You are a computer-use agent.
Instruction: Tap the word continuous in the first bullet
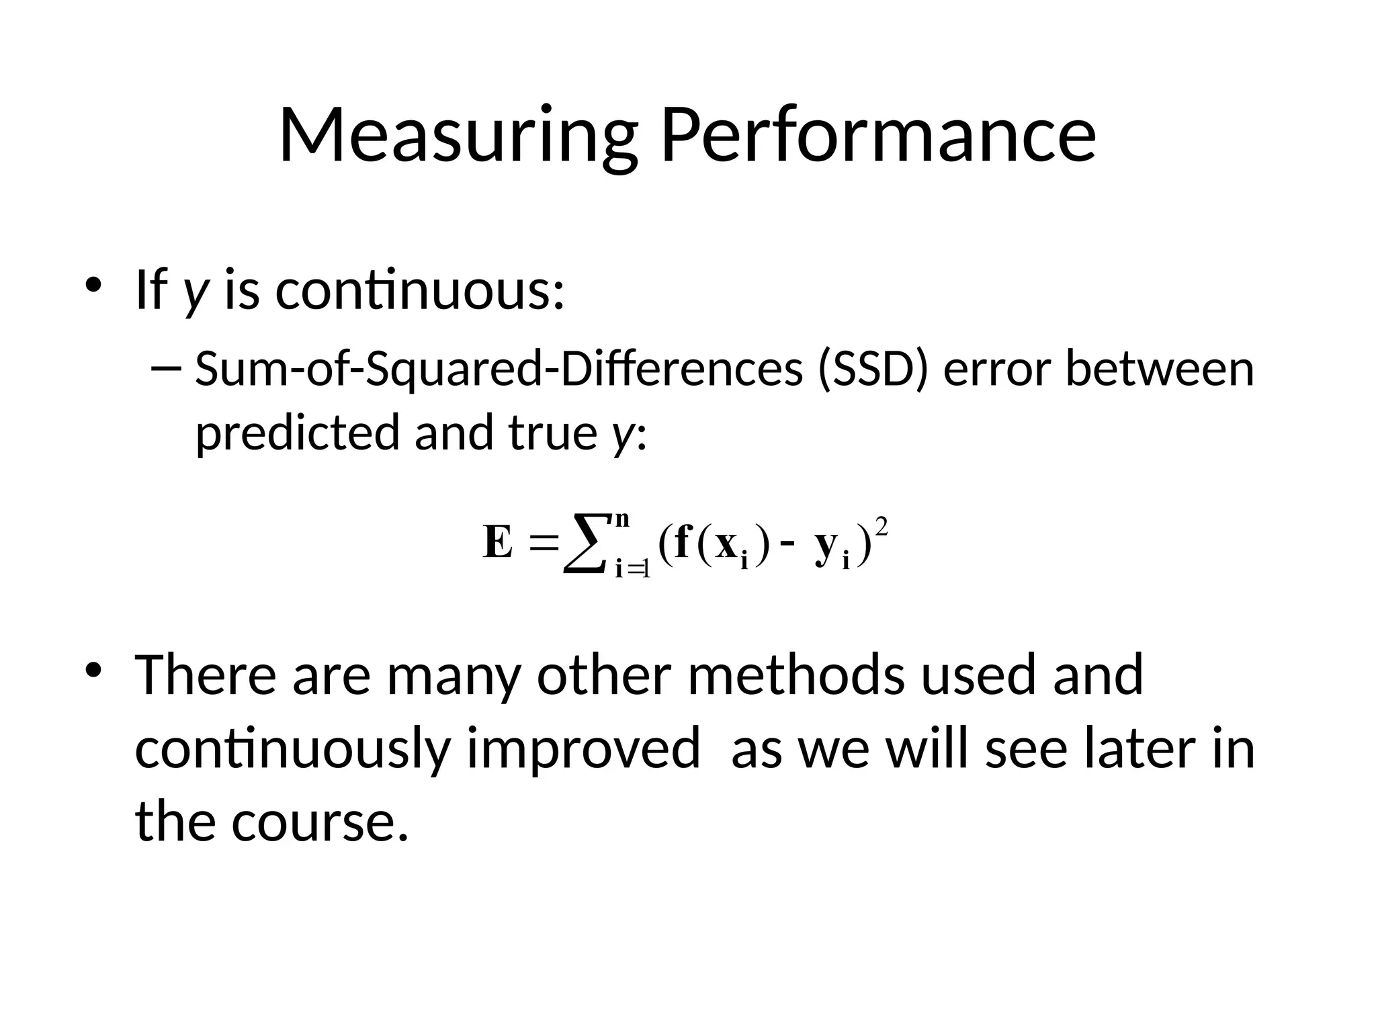coord(421,290)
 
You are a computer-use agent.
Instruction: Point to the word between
coord(1160,369)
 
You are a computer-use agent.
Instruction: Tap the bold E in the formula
coord(498,543)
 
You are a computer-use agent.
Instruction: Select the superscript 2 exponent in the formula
coord(882,527)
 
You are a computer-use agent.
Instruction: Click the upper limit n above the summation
coord(622,519)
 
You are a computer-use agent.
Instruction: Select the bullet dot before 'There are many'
coord(93,669)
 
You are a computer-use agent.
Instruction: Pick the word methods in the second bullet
coord(796,675)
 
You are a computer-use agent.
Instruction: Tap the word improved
coord(583,748)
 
